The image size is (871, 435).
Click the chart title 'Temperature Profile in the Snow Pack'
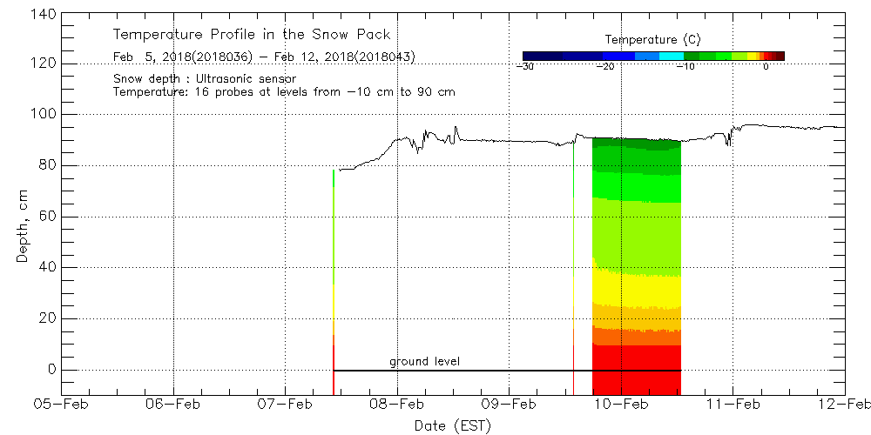(252, 35)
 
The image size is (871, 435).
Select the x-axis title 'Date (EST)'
(453, 425)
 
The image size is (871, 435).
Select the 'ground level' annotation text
(424, 361)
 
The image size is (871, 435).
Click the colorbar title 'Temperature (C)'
(652, 39)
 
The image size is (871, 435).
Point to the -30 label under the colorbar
(524, 66)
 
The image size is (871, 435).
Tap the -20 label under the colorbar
(606, 66)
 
